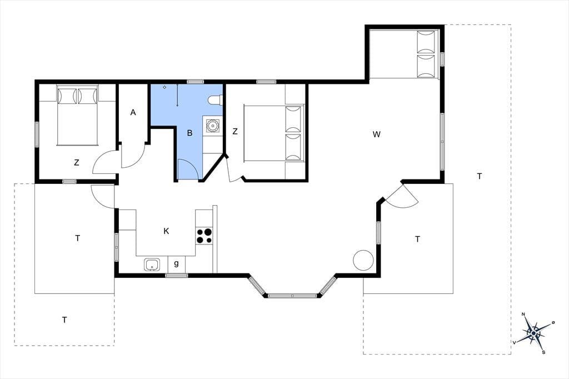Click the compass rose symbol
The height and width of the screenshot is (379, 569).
click(x=533, y=332)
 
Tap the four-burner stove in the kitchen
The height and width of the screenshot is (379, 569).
click(x=204, y=236)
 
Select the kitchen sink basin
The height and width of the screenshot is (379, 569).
click(x=152, y=265)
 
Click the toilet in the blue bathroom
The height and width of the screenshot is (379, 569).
click(x=215, y=99)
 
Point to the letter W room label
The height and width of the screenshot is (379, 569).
click(x=377, y=134)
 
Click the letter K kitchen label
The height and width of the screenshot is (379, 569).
click(x=166, y=231)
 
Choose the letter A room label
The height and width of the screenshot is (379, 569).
click(x=133, y=113)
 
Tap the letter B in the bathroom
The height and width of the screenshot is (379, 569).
click(x=189, y=133)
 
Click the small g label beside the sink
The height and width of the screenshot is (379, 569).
click(x=176, y=263)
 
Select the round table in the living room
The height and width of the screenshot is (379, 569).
click(x=363, y=260)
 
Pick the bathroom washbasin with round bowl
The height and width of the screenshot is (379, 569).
click(x=212, y=126)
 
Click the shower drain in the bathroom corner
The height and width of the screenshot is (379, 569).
click(x=164, y=87)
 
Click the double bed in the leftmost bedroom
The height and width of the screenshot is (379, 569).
click(x=78, y=116)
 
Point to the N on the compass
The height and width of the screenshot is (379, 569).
click(x=523, y=314)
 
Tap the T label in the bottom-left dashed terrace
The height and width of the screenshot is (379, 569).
click(x=64, y=320)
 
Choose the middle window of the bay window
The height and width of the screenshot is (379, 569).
click(x=292, y=296)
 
